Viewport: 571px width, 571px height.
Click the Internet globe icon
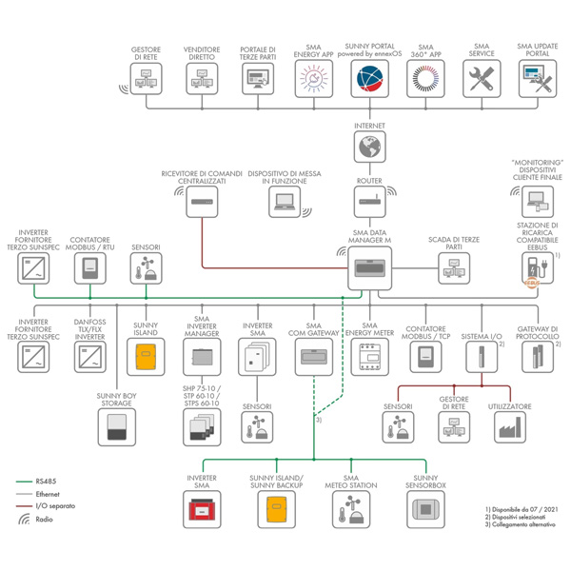pyautogui.click(x=369, y=148)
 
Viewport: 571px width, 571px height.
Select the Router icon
pyautogui.click(x=369, y=201)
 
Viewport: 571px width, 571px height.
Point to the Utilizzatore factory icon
pyautogui.click(x=509, y=427)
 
